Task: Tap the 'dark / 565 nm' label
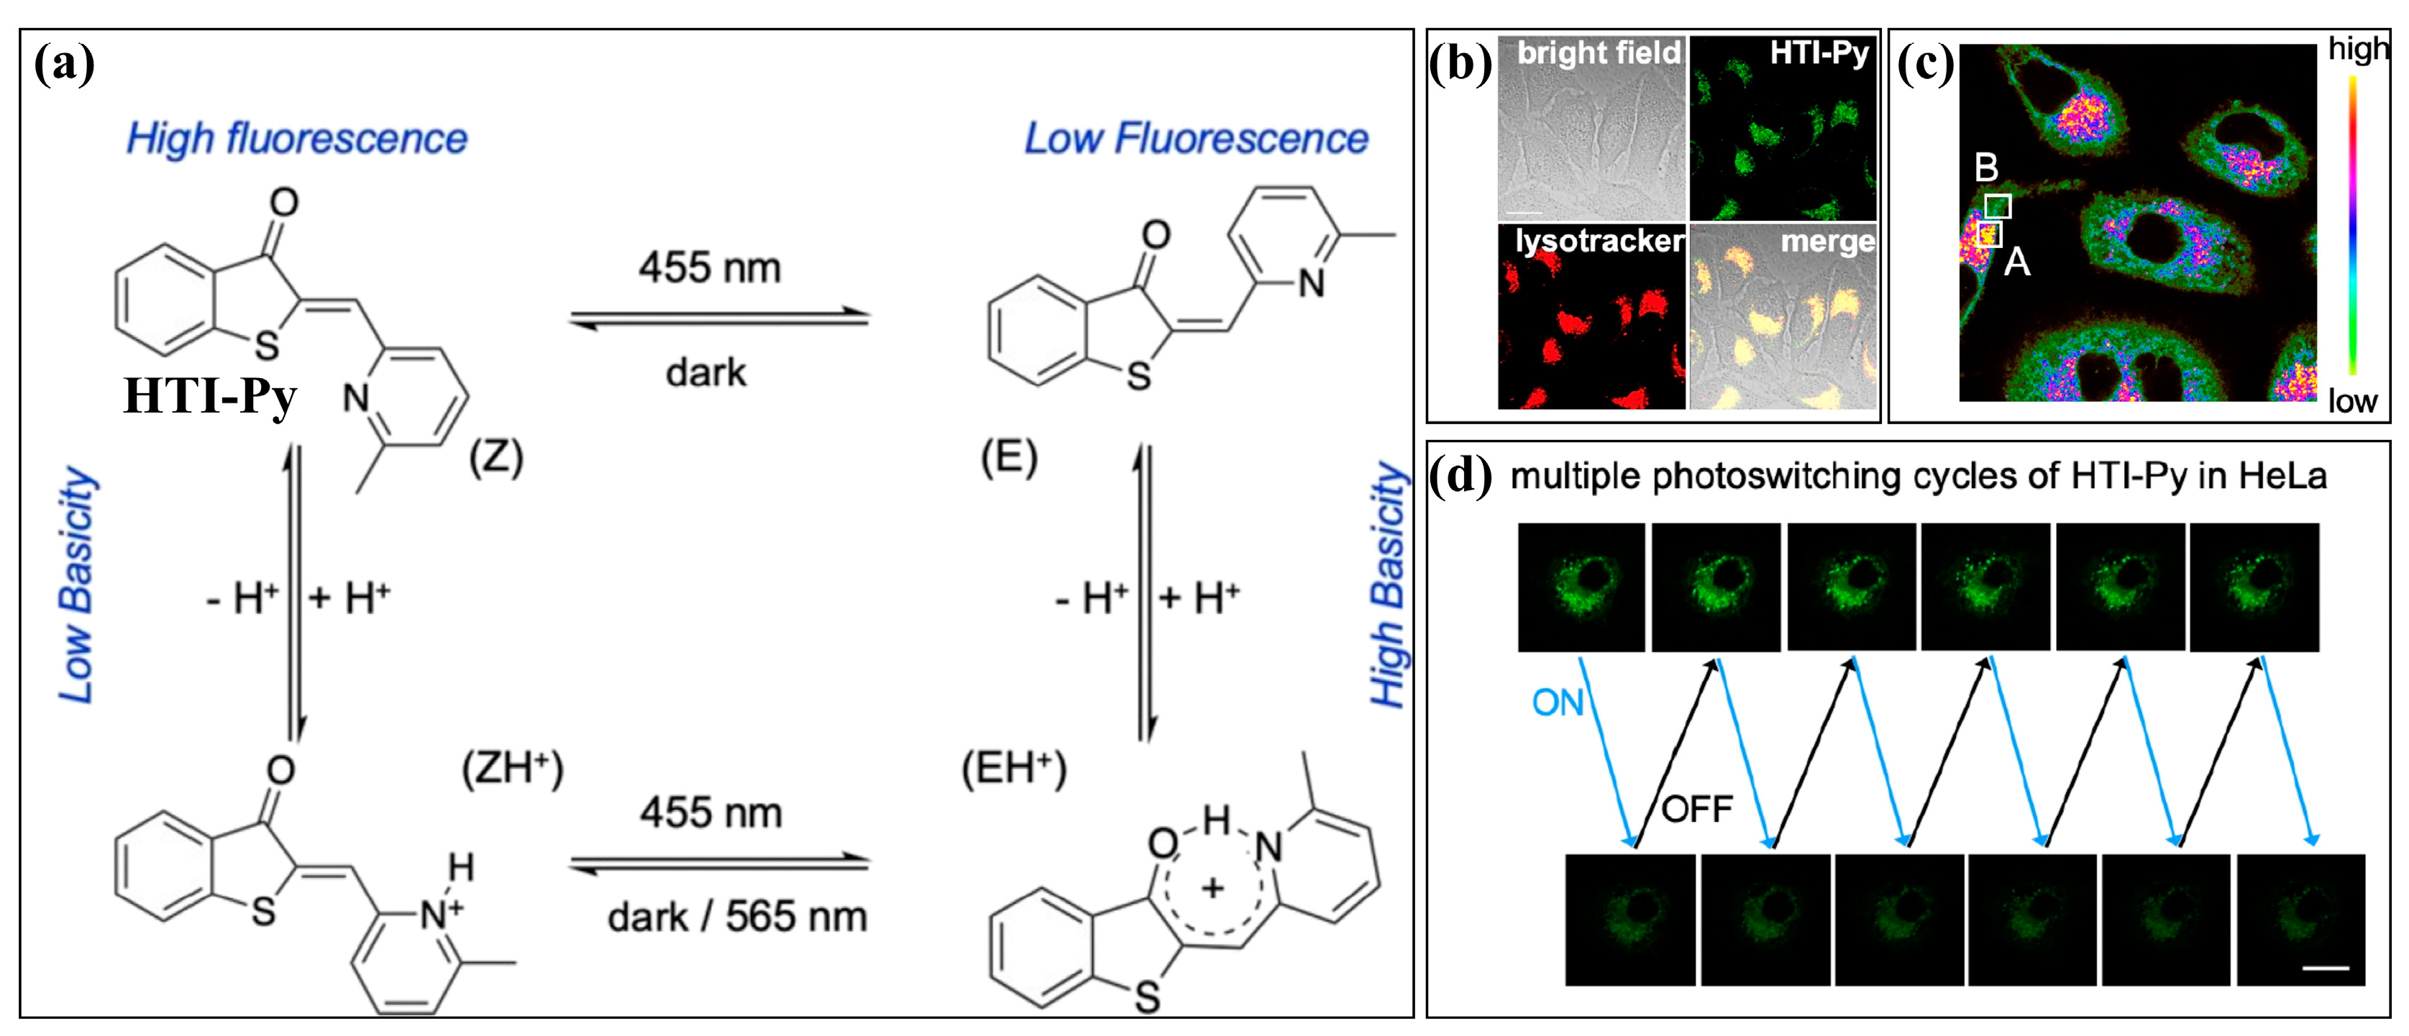pyautogui.click(x=737, y=917)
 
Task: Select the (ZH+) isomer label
pyautogui.click(x=513, y=769)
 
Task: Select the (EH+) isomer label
pyautogui.click(x=1014, y=769)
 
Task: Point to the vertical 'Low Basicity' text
pyautogui.click(x=77, y=585)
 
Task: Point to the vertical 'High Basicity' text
pyautogui.click(x=1388, y=585)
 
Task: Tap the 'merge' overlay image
pyautogui.click(x=1783, y=318)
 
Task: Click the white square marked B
pyautogui.click(x=1998, y=206)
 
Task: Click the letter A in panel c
pyautogui.click(x=2016, y=262)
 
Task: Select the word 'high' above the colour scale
pyautogui.click(x=2357, y=49)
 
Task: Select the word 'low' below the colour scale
pyautogui.click(x=2352, y=401)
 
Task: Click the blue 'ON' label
pyautogui.click(x=1557, y=703)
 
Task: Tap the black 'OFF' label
pyautogui.click(x=1696, y=809)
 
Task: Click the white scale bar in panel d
pyautogui.click(x=2325, y=968)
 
